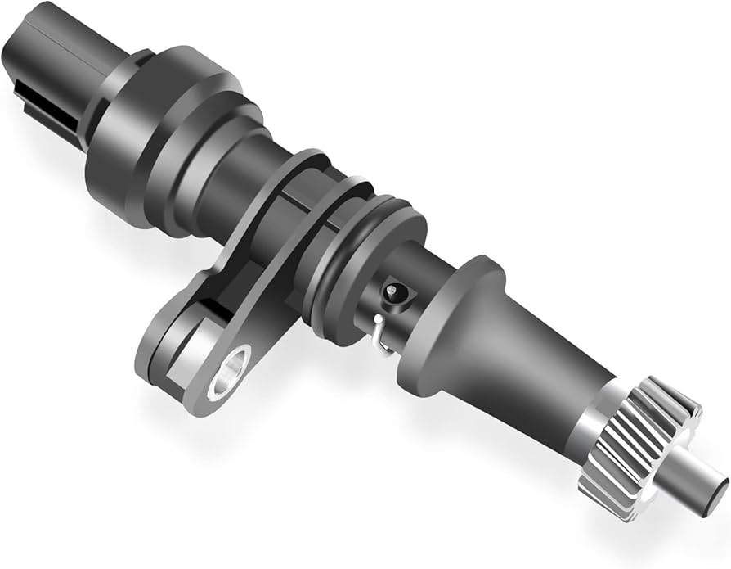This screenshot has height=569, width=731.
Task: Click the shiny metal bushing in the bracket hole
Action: [x=231, y=370]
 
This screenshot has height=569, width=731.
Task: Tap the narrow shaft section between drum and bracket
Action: [x=245, y=184]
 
